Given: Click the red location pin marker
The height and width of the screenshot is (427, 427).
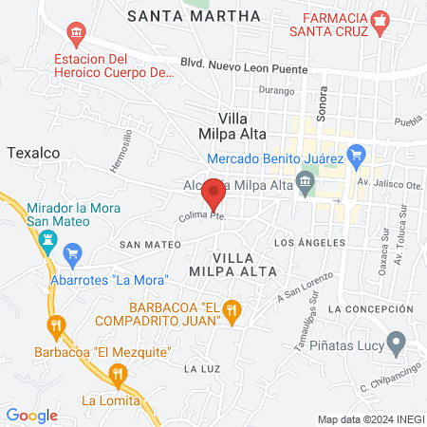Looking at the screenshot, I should click(x=214, y=193).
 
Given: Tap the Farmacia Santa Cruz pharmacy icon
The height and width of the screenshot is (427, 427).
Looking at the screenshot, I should click(x=380, y=21).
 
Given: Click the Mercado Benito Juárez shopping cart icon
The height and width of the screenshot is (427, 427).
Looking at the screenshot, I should click(x=357, y=153).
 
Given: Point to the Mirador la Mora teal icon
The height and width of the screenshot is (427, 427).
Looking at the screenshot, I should click(x=45, y=243).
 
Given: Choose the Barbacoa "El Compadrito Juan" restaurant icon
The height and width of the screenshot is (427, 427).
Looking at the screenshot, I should click(x=234, y=310).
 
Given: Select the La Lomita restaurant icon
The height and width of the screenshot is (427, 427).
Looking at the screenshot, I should click(x=118, y=376).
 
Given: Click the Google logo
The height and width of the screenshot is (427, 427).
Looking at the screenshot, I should click(x=32, y=415).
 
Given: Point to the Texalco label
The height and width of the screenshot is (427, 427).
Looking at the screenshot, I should click(x=34, y=151).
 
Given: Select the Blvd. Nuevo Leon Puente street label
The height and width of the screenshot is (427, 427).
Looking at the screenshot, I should click(x=245, y=69).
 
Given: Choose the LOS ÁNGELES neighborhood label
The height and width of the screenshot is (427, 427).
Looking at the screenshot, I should click(x=306, y=243).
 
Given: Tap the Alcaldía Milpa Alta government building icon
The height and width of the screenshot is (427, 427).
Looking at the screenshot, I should click(x=306, y=181).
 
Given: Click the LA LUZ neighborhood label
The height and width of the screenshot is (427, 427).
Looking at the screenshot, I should click(x=203, y=368).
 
